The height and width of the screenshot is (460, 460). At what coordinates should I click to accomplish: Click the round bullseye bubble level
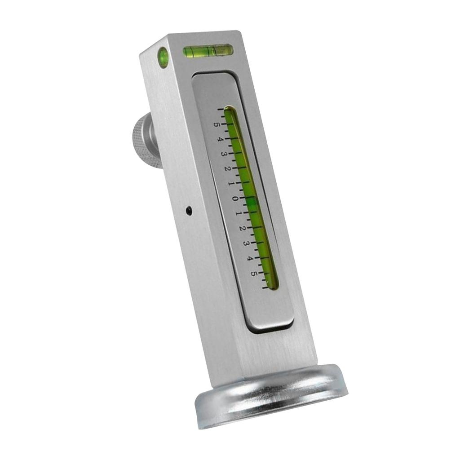tap(163, 57)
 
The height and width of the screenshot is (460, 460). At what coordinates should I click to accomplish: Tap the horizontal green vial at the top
tap(208, 51)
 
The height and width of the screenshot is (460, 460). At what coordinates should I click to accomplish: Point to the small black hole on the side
tap(189, 210)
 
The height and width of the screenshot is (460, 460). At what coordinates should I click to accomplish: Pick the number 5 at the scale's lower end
tap(254, 273)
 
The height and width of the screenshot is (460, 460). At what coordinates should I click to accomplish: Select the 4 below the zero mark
tap(250, 258)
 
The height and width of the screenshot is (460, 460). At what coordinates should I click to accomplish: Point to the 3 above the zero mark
tap(224, 154)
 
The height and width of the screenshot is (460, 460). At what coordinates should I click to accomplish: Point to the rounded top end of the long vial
tap(229, 109)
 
